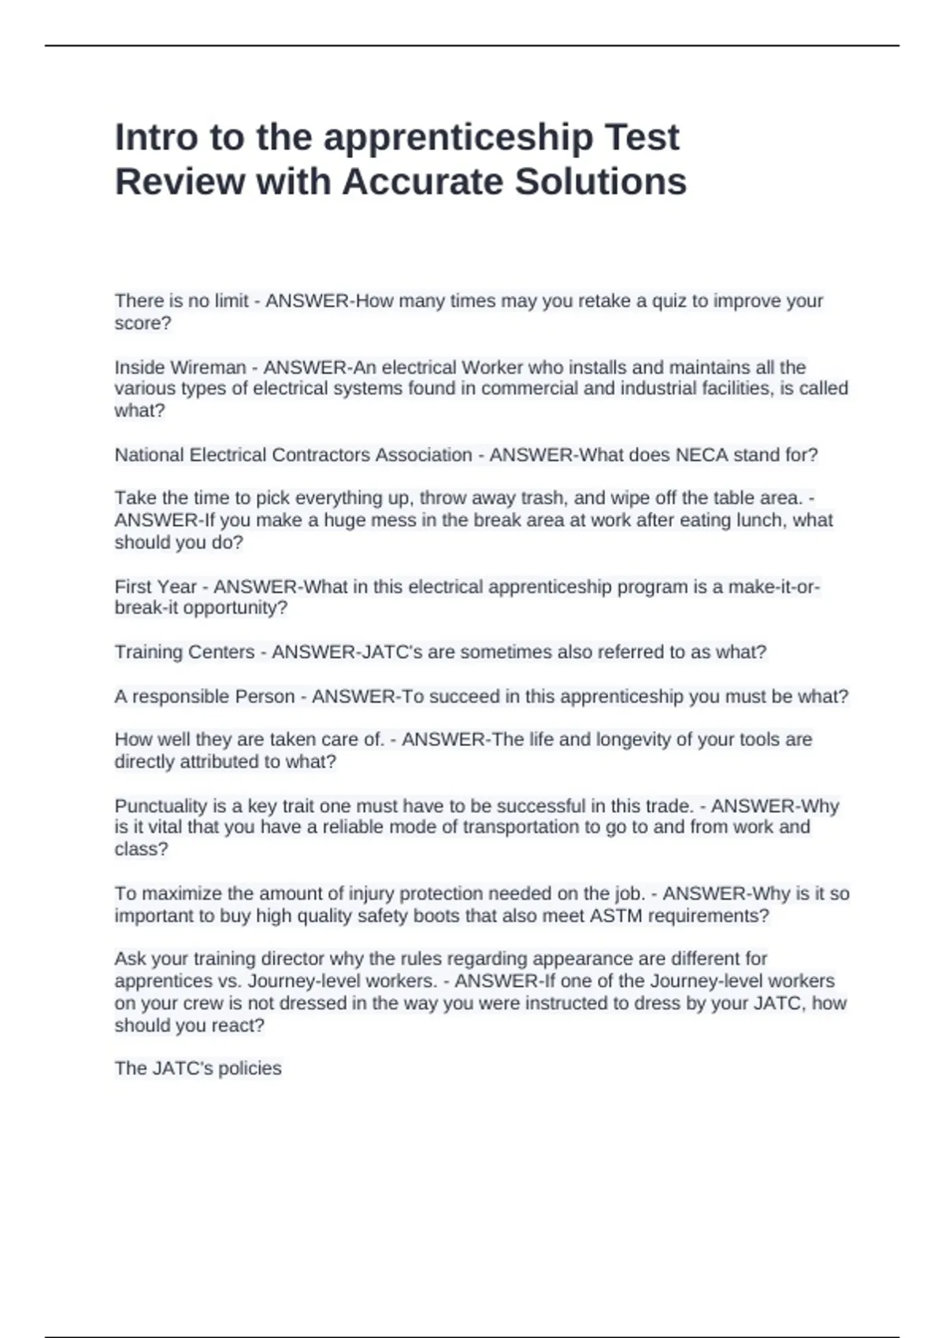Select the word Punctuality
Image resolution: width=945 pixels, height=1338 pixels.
161,806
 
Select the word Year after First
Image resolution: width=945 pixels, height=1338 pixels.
179,587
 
